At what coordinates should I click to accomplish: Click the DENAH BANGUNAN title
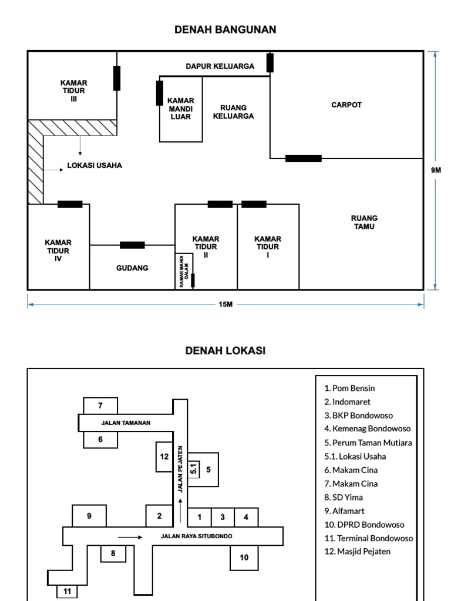point(225,29)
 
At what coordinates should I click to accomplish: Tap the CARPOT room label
point(346,105)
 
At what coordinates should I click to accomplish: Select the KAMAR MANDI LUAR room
point(181,109)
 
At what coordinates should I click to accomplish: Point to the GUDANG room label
point(132,268)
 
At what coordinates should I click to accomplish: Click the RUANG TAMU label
point(364,222)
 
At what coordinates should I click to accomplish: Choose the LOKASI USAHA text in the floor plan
point(95,166)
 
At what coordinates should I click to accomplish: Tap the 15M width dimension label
point(225,305)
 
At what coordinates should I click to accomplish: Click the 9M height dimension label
point(436,170)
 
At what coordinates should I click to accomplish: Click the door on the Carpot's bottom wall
point(303,158)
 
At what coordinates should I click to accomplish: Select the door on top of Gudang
point(132,245)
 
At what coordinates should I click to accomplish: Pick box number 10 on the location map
point(244,557)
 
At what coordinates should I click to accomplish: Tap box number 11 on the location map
point(68,591)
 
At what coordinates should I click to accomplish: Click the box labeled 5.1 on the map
point(194,469)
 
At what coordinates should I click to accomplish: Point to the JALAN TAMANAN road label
point(126,422)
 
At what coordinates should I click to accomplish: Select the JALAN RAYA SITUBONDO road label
point(197,536)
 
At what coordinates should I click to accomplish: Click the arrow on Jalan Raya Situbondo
point(130,536)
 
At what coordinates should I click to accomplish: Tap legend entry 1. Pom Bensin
point(349,388)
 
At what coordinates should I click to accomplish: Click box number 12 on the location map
point(164,456)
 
